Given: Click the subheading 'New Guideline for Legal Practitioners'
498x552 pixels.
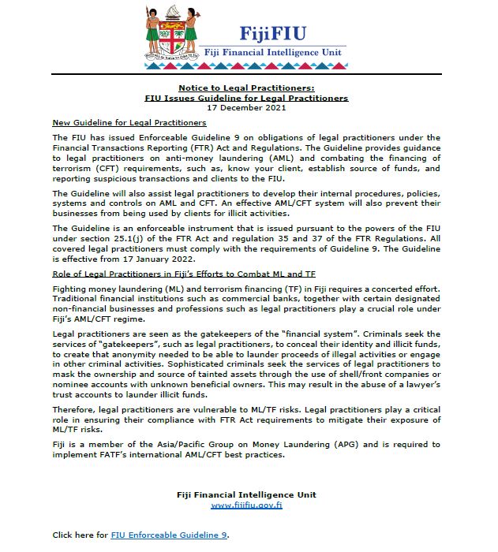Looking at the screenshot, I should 129,123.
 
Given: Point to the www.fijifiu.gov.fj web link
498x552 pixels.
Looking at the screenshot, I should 246,505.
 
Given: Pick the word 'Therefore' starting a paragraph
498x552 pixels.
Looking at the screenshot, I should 72,410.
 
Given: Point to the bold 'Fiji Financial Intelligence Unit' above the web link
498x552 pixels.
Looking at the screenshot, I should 246,494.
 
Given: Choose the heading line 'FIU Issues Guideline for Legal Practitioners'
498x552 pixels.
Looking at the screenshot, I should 246,99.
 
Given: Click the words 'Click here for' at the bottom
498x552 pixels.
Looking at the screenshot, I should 80,535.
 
